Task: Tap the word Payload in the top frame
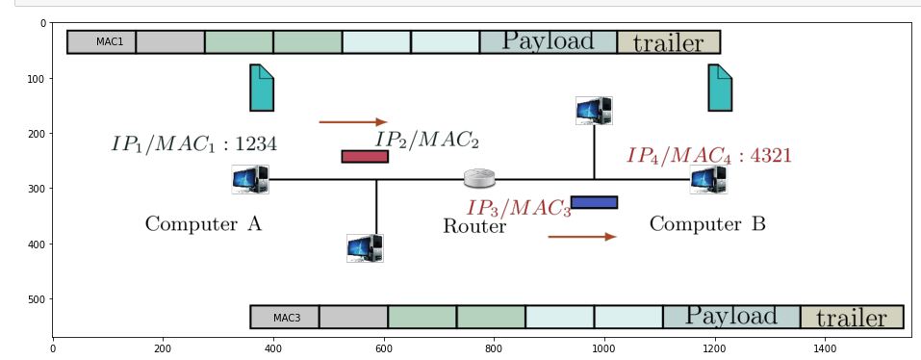[548, 41]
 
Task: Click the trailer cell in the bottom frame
[851, 317]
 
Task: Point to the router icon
[479, 178]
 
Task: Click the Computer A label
[203, 224]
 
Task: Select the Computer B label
[707, 224]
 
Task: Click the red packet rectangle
[365, 156]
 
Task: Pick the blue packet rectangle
[594, 202]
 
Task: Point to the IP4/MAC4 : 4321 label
[709, 155]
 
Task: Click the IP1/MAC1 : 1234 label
[194, 144]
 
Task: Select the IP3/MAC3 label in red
[519, 207]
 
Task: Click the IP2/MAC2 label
[426, 140]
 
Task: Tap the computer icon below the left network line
[365, 247]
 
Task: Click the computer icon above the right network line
[594, 110]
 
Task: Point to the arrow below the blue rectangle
[582, 236]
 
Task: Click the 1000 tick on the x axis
[603, 347]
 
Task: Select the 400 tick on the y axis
[38, 244]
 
